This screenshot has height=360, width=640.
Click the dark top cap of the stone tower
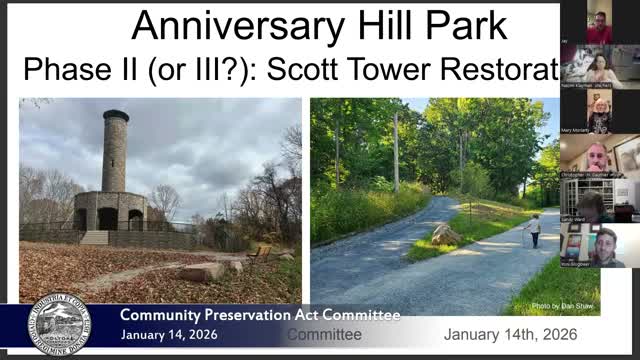(x=115, y=116)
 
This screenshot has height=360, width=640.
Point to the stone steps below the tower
(x=93, y=237)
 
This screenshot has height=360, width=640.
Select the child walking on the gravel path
(x=535, y=231)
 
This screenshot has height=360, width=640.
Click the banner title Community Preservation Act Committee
(x=260, y=316)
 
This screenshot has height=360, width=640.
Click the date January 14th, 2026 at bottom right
(x=510, y=335)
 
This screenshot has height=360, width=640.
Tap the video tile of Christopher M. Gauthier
(x=599, y=156)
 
